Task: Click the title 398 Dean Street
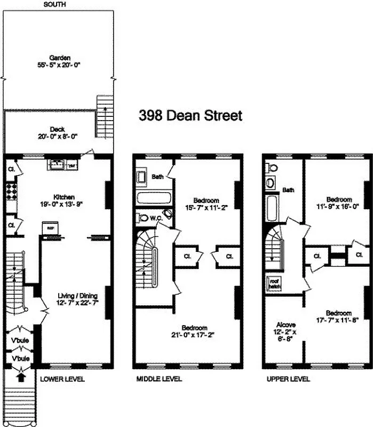coord(191,115)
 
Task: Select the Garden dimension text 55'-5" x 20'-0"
coord(59,65)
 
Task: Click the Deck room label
coord(57,129)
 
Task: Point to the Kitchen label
coord(64,196)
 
